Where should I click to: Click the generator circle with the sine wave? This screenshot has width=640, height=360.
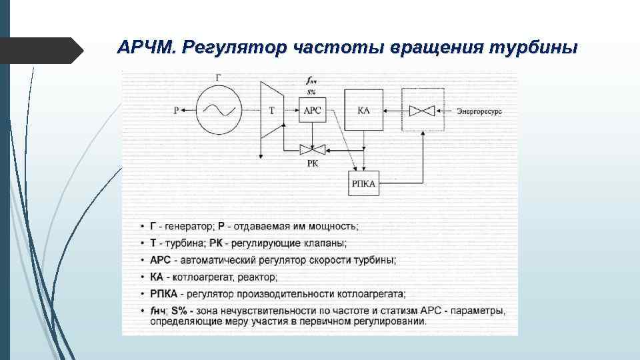click(x=218, y=110)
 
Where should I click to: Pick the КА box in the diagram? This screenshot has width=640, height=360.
click(x=363, y=110)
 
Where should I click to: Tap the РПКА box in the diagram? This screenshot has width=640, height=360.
click(x=364, y=183)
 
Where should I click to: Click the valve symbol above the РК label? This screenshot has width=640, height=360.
click(x=311, y=149)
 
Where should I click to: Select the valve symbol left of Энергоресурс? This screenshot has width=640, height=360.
click(x=422, y=111)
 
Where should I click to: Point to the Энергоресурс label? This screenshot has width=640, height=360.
click(x=479, y=111)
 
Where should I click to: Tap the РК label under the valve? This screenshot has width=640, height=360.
click(x=311, y=163)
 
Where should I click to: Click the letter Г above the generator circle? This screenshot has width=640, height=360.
click(x=219, y=79)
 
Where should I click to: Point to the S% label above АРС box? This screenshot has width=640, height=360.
click(x=311, y=92)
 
